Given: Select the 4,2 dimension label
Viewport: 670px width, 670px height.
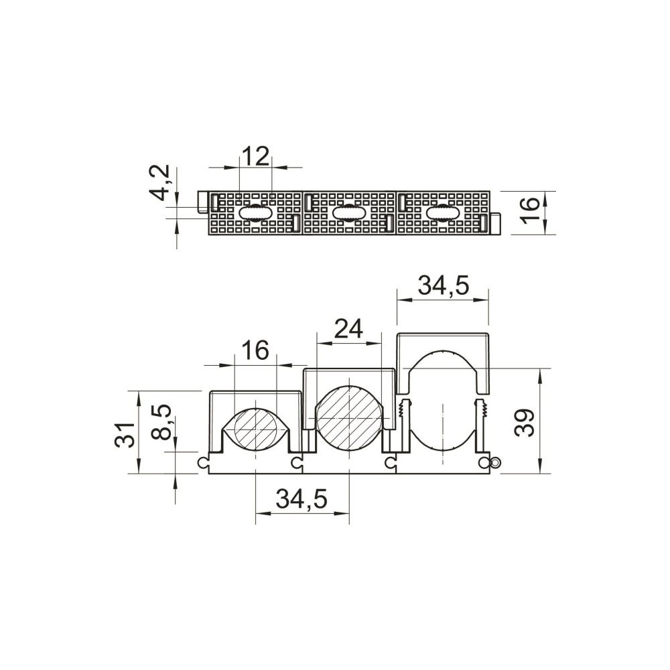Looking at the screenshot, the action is [x=161, y=182].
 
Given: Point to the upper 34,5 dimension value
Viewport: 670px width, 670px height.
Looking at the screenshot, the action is [x=443, y=285].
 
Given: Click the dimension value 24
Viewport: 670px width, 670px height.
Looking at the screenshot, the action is [x=348, y=328].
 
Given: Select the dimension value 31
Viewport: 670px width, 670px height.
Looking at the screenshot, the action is [x=125, y=435].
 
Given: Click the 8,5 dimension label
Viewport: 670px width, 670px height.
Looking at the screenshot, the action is [x=161, y=422].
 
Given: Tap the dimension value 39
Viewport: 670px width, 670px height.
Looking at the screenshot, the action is [x=525, y=423].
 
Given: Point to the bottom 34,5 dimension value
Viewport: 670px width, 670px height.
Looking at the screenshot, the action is [x=301, y=498].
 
